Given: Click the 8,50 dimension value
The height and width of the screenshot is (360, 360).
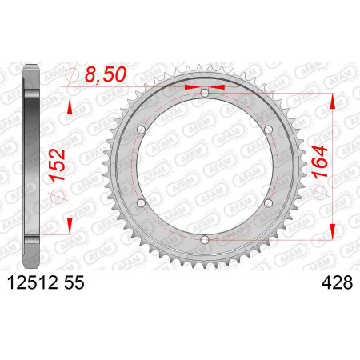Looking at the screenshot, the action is coord(106,74).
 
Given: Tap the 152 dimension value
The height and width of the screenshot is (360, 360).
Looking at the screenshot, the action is coord(58,165).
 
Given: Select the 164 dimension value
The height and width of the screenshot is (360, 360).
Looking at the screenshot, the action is coord(320,162).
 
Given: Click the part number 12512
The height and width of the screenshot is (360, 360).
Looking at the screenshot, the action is coord(32,282).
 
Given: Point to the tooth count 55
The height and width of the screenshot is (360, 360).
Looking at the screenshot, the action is coord(74,282).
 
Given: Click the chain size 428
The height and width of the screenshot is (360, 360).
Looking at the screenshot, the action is coord(337,282).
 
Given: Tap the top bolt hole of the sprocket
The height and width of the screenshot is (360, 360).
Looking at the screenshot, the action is coord(205,93).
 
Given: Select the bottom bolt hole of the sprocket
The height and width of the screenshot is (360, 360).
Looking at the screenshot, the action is coord(205,239).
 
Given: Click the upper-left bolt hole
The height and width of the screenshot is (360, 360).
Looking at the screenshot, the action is coord(141,130).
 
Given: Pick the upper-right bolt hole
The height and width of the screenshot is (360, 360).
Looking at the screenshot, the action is coord(268,130).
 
